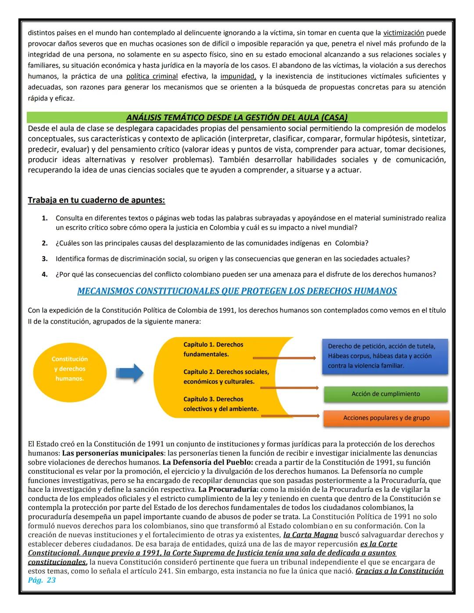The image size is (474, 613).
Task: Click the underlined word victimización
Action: pyautogui.click(x=403, y=33)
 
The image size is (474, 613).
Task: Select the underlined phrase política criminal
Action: pyautogui.click(x=152, y=76)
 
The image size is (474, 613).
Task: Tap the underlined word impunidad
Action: pyautogui.click(x=238, y=76)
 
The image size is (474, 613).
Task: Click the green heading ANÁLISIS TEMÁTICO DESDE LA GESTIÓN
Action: pyautogui.click(x=237, y=118)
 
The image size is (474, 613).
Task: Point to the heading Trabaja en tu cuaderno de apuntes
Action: pyautogui.click(x=96, y=200)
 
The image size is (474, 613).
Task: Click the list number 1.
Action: pyautogui.click(x=44, y=218)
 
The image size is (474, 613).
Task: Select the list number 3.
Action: pyautogui.click(x=44, y=259)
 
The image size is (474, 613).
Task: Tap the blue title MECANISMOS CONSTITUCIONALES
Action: pyautogui.click(x=237, y=291)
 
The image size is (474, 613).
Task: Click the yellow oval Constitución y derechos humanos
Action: pyautogui.click(x=69, y=369)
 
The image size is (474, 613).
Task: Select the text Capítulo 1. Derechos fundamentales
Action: pyautogui.click(x=213, y=349)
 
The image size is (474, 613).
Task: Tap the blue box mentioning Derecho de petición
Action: pyautogui.click(x=385, y=356)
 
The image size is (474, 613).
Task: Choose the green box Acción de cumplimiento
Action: pyautogui.click(x=385, y=394)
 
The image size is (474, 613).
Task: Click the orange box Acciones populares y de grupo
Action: pyautogui.click(x=386, y=418)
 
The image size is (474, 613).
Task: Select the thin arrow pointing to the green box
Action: pyautogui.click(x=289, y=388)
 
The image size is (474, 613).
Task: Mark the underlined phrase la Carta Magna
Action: pyautogui.click(x=310, y=535)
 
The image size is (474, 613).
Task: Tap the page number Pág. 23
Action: pyautogui.click(x=42, y=580)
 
